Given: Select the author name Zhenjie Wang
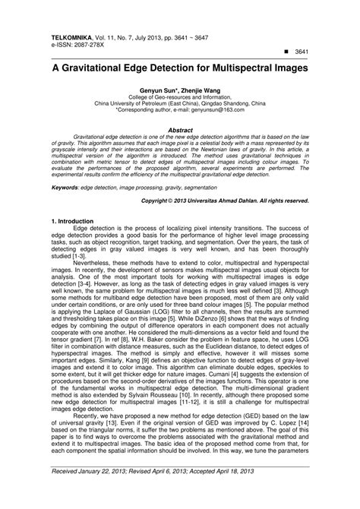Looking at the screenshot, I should coord(195,90).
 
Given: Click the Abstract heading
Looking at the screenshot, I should coord(179,130).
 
